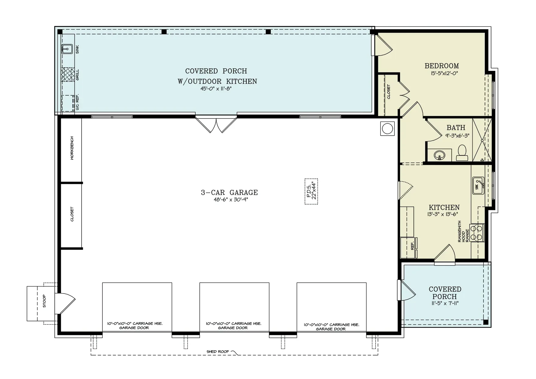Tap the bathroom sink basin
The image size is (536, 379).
pyautogui.click(x=439, y=155)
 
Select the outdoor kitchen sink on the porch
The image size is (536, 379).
pyautogui.click(x=67, y=49)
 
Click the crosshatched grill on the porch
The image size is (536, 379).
pyautogui.click(x=68, y=75)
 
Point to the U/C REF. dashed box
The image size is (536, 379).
pyautogui.click(x=68, y=103)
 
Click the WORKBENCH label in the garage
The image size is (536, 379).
pyautogui.click(x=72, y=148)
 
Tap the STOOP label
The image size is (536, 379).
pyautogui.click(x=44, y=301)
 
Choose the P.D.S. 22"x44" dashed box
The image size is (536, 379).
pyautogui.click(x=311, y=191)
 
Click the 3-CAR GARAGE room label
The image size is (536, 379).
pyautogui.click(x=229, y=192)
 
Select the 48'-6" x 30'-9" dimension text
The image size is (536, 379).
pyautogui.click(x=229, y=200)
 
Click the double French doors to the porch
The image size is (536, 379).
pyautogui.click(x=216, y=125)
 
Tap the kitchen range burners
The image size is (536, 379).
pyautogui.click(x=477, y=232)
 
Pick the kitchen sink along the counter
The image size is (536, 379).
pyautogui.click(x=478, y=185)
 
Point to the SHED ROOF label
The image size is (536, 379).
pyautogui.click(x=218, y=352)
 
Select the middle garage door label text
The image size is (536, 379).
pyautogui.click(x=233, y=326)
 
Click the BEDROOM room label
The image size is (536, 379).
pyautogui.click(x=442, y=66)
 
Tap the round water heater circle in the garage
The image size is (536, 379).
pyautogui.click(x=387, y=129)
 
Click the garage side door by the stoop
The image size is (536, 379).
pyautogui.click(x=65, y=303)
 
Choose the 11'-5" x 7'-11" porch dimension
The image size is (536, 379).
pyautogui.click(x=445, y=303)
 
